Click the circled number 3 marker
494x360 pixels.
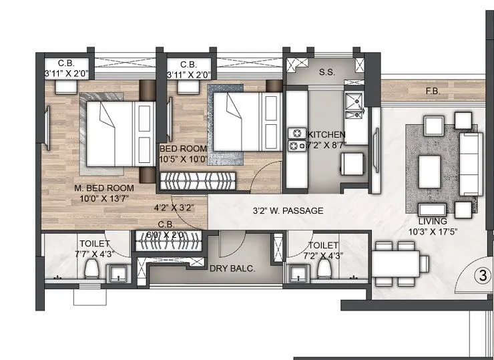pos(478,275)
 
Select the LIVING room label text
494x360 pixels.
pos(432,221)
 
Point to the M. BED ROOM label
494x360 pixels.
pos(104,188)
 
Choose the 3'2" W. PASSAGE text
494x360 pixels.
pos(288,211)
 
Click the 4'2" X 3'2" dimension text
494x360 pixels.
pos(173,208)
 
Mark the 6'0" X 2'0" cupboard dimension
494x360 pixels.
pos(170,234)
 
